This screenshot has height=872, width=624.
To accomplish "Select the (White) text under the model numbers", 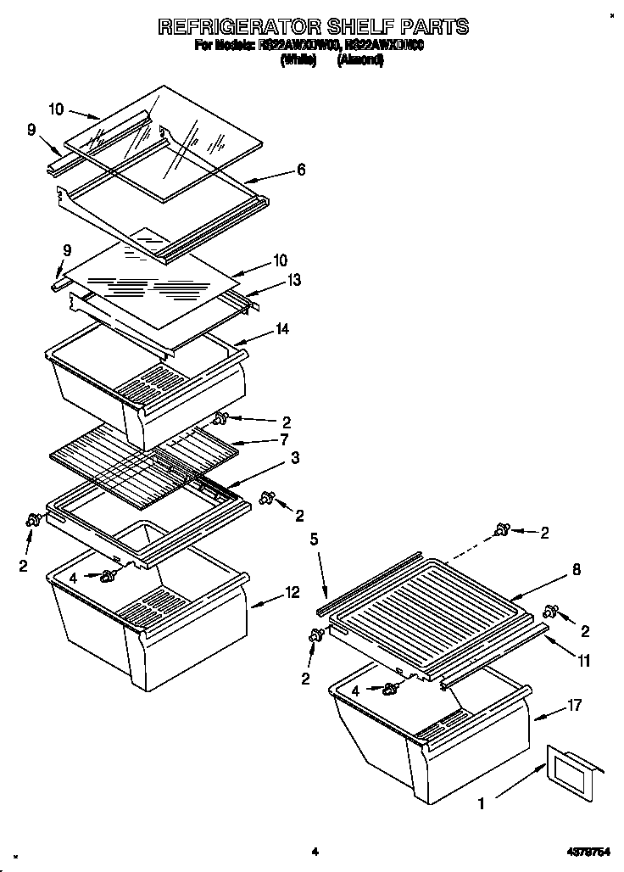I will (298, 60).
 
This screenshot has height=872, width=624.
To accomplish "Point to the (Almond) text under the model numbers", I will (359, 60).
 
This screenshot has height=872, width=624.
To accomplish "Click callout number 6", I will (301, 170).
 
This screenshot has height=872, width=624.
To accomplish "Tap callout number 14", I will (282, 328).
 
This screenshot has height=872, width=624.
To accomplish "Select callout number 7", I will (285, 439).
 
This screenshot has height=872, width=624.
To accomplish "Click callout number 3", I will (294, 459).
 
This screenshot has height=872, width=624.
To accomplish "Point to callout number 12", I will (292, 593).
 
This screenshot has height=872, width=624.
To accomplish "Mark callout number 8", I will (577, 570).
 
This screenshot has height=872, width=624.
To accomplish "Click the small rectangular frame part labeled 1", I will (576, 771).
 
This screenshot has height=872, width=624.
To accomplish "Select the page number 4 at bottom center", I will (313, 851).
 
